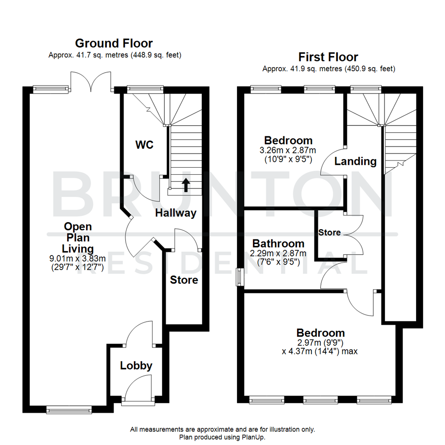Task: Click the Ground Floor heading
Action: (x=114, y=43)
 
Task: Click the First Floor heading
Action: (x=328, y=57)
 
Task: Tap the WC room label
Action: (x=144, y=145)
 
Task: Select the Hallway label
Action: (x=176, y=213)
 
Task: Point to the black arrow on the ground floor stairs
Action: (x=186, y=185)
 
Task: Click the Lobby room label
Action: (x=136, y=365)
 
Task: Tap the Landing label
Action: (x=355, y=162)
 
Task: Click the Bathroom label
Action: (x=279, y=244)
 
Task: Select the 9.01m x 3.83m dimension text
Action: (x=78, y=259)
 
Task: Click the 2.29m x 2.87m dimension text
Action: (x=279, y=253)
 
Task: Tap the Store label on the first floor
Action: (x=329, y=232)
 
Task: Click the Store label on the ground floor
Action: (x=185, y=280)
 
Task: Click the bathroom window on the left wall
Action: (x=239, y=276)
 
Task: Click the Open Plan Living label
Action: (x=78, y=238)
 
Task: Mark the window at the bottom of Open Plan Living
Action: (x=69, y=409)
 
